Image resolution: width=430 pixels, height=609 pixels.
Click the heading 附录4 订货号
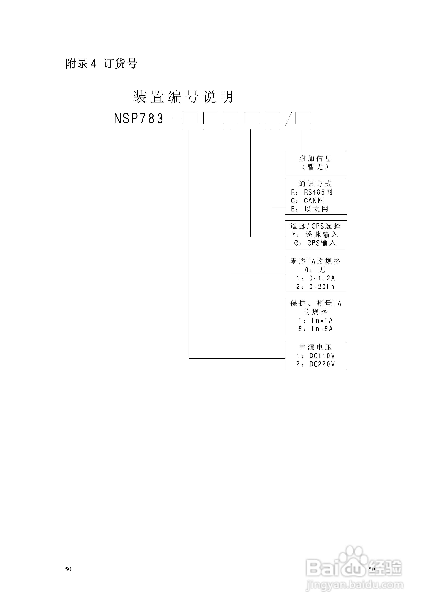point(101,64)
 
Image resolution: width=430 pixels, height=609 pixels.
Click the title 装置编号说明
point(183,97)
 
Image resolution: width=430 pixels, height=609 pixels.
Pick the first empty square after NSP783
point(190,118)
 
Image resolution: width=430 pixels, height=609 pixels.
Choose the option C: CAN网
point(307,201)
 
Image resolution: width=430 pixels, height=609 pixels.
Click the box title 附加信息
point(315,159)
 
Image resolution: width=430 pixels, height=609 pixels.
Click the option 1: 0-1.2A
point(315,278)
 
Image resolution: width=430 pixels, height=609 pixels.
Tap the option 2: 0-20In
point(315,287)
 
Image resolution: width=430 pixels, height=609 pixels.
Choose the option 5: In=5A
point(315,329)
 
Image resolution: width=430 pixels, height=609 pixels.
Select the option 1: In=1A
point(315,320)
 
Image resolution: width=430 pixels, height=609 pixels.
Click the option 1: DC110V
point(315,356)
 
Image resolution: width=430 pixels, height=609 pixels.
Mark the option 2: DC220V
point(315,364)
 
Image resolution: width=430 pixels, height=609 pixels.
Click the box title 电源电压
point(315,347)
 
